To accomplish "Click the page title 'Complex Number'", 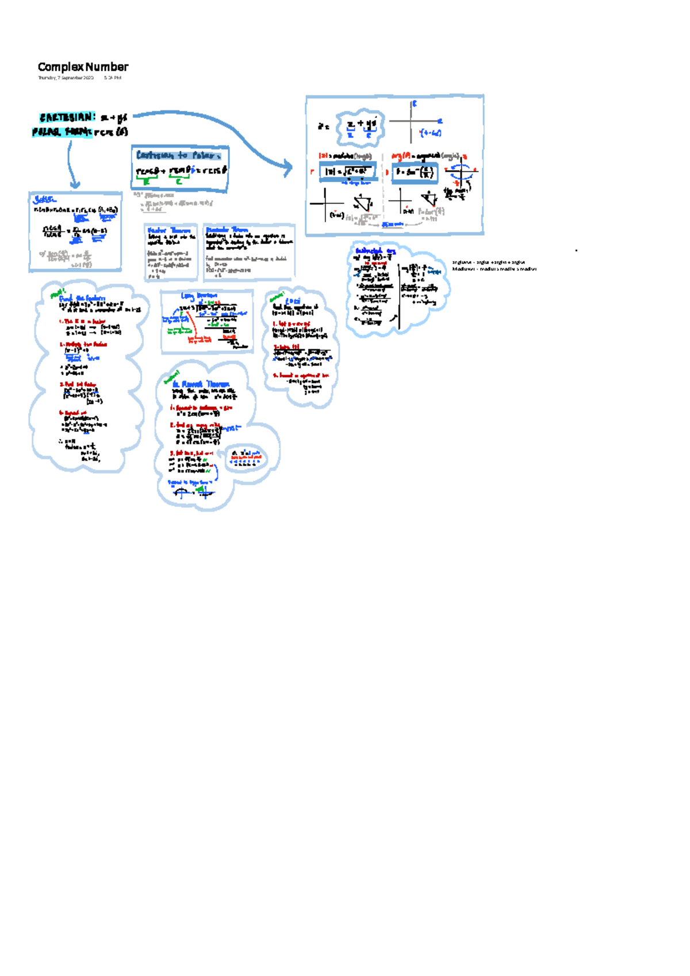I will (x=83, y=67).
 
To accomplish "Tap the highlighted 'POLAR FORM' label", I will (x=62, y=132).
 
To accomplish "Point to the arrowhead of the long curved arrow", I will (x=287, y=167).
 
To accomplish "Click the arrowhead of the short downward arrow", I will (x=74, y=185).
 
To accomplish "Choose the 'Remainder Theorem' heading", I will (x=227, y=230).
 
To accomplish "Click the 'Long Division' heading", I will (x=199, y=296).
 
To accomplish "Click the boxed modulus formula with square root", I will (x=348, y=171).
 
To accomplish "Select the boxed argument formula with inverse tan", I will (x=415, y=172).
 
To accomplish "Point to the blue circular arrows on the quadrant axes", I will (x=461, y=171).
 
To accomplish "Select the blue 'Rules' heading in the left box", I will (x=45, y=199).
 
